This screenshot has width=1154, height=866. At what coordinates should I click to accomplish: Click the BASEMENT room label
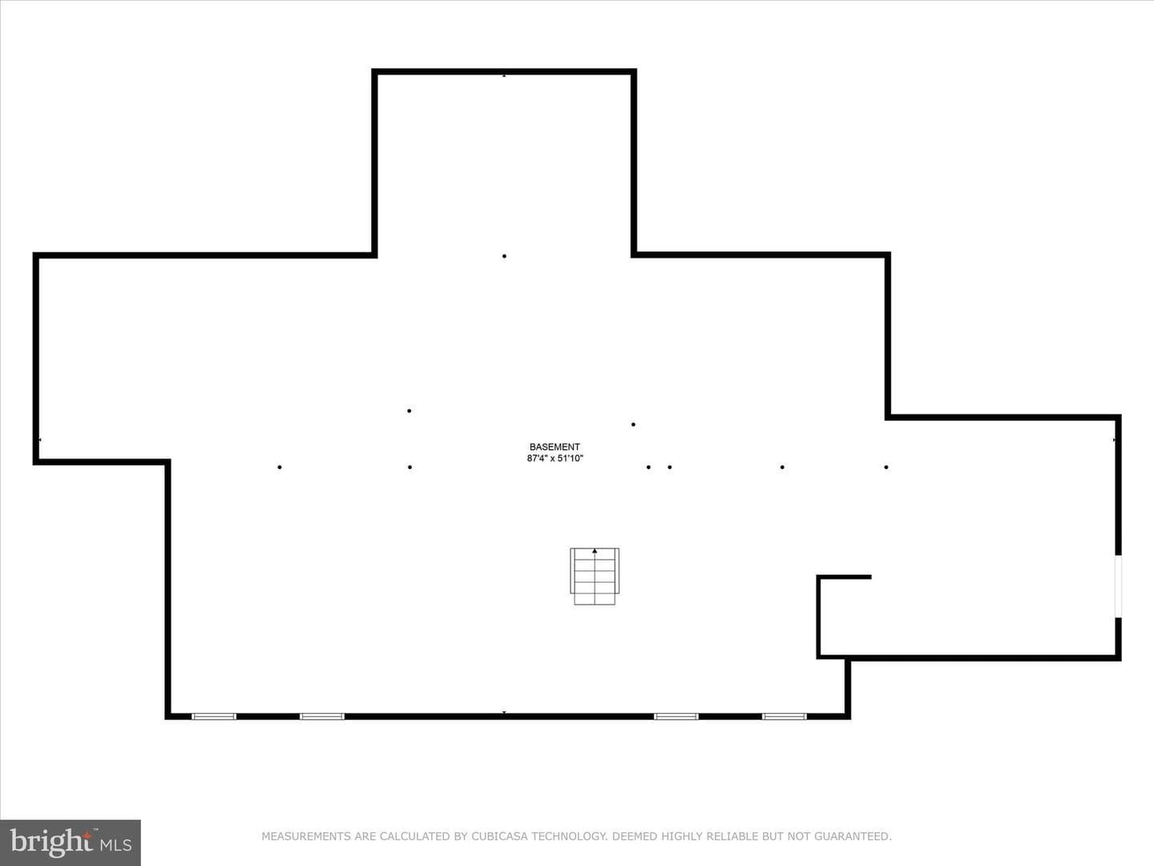pos(555,447)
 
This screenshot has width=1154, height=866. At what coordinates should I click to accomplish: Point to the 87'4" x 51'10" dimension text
pos(555,459)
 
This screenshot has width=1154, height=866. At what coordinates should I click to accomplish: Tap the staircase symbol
pos(595,577)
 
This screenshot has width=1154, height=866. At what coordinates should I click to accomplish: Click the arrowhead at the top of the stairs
pos(595,551)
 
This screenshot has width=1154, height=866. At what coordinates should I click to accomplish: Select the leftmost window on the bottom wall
pos(214,716)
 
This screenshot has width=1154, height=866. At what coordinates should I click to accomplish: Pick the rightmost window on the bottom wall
pos(785,716)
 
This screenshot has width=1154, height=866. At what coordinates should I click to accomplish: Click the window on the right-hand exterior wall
pos(1118,585)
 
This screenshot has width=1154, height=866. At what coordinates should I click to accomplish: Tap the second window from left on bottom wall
pos(322,716)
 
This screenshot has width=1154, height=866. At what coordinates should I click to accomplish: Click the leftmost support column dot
pos(280,467)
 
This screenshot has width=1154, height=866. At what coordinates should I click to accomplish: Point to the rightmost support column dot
pos(886,467)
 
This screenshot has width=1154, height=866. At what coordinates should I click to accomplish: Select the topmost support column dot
pos(504,256)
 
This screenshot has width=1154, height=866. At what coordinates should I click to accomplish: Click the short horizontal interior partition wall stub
pos(845,577)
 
